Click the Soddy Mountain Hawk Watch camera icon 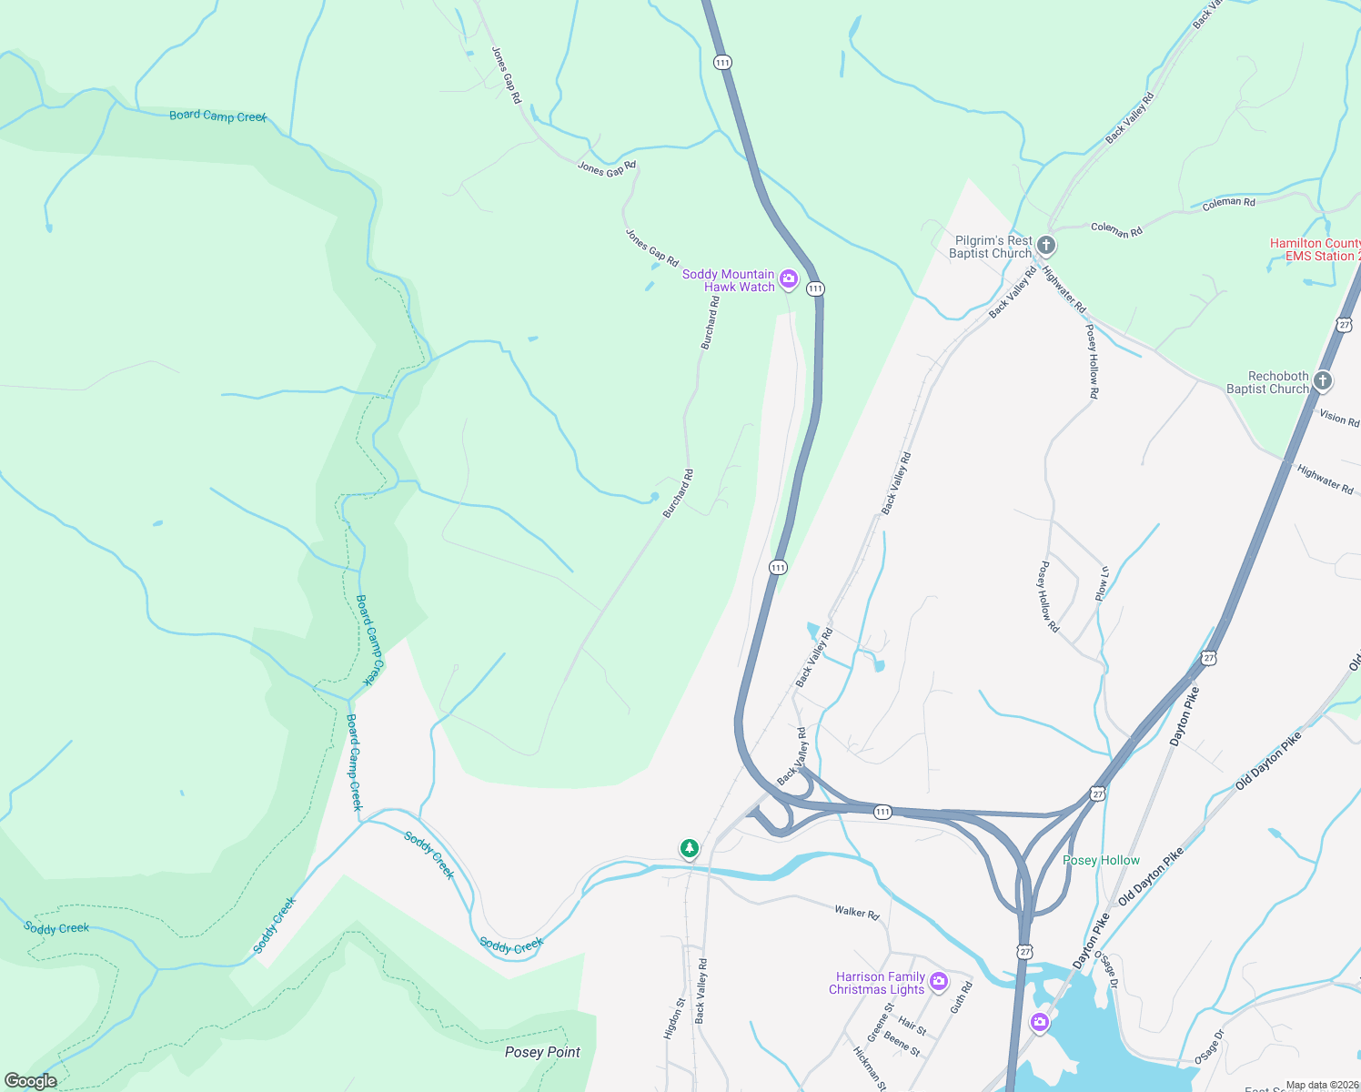pos(789,279)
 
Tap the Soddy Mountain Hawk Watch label pos(729,280)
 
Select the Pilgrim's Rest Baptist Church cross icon pos(1046,245)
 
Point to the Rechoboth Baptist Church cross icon pos(1323,381)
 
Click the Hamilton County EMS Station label pos(1315,249)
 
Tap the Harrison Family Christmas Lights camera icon pos(939,983)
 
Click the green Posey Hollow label pos(1101,860)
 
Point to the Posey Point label pos(542,1052)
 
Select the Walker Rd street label pos(857,911)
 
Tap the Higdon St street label pos(673,1019)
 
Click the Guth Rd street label pos(961,997)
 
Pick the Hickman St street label pos(869,1067)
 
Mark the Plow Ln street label pos(1102,583)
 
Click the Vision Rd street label pos(1339,418)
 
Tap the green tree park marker pos(690,849)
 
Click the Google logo pos(31,1081)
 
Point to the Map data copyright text pos(1322,1085)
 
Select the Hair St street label pos(912,1026)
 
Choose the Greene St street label pos(880,1022)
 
